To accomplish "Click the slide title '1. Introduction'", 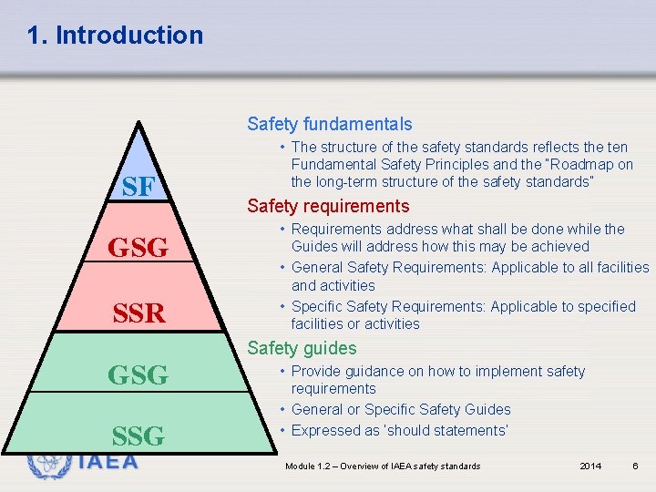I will [115, 36].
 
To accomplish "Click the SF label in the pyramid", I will [138, 188].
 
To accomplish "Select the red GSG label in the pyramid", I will [138, 247].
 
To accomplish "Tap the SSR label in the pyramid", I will [138, 314].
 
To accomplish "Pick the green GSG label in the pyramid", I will [138, 374].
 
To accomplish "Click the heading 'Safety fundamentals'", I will [330, 124].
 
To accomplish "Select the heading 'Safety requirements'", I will [328, 207].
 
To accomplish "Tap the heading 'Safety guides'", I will [302, 348].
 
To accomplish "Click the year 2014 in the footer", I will [590, 466].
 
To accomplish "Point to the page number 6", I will [634, 466].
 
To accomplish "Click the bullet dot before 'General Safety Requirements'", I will [284, 268].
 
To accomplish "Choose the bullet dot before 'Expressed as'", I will [284, 430].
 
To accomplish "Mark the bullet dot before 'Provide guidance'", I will [284, 372].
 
